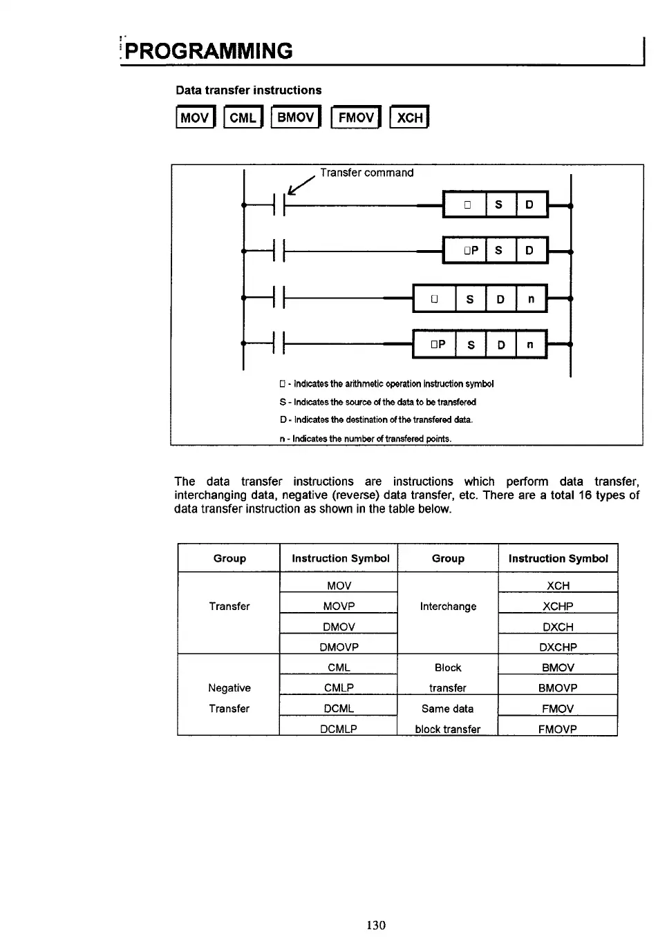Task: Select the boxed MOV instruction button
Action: (196, 117)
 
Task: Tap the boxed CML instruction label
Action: (243, 117)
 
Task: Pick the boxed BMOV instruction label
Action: (296, 117)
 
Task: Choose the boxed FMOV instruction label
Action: (356, 117)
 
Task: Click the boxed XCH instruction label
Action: (409, 117)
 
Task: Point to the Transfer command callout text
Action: (366, 173)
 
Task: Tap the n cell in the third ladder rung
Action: (531, 299)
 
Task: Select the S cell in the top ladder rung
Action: (498, 204)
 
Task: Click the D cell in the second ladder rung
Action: (529, 250)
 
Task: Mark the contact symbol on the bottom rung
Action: (280, 343)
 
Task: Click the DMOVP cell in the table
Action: (339, 647)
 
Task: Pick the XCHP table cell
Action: (558, 606)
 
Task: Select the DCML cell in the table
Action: (339, 708)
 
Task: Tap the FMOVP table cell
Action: (558, 729)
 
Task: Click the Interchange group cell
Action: (448, 606)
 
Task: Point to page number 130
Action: (376, 925)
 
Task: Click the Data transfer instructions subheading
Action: (248, 91)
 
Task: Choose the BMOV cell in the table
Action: (558, 667)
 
